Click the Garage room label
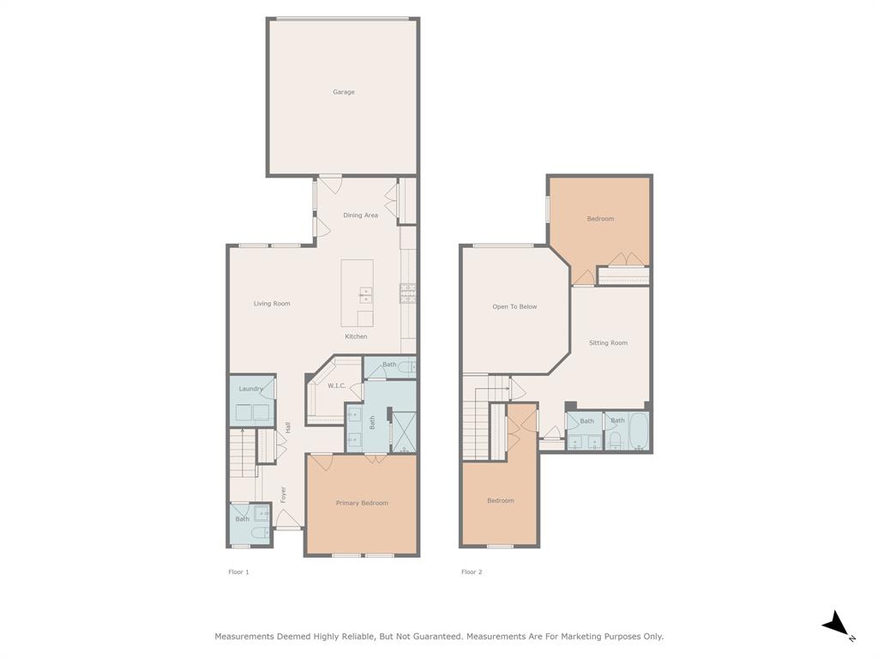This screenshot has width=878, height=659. (344, 92)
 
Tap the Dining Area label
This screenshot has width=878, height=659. (360, 215)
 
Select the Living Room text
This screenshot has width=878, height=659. (272, 304)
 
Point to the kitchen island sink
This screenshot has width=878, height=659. (365, 294)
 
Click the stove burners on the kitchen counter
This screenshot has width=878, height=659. (407, 293)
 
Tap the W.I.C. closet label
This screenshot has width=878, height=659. (336, 386)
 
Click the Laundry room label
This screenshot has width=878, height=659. (251, 389)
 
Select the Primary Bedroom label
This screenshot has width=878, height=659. (362, 503)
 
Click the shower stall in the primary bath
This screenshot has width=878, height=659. (404, 432)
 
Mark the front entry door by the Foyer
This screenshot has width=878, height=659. (288, 518)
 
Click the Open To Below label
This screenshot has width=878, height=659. (514, 306)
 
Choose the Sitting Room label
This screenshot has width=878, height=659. (608, 343)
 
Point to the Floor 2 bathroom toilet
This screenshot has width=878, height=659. (615, 440)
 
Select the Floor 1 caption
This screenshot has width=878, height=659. (238, 571)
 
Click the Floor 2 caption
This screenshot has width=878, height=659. (472, 571)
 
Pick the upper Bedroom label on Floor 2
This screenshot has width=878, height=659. (600, 219)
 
